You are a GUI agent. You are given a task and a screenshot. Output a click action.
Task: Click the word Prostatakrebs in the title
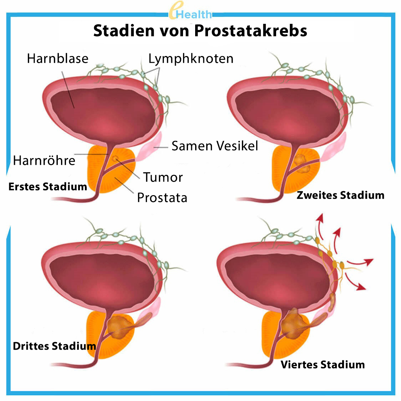[250, 31]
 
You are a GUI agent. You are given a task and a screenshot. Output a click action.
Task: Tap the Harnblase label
[57, 58]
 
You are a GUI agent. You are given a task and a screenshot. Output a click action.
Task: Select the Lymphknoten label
[191, 59]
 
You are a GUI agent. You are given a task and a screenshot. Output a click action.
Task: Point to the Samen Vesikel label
[214, 146]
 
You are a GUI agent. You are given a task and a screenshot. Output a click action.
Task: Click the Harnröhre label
[44, 161]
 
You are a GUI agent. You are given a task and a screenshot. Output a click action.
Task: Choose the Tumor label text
[163, 177]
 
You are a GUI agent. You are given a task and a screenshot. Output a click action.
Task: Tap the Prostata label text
[162, 198]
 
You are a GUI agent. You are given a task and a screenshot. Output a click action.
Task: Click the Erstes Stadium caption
[48, 187]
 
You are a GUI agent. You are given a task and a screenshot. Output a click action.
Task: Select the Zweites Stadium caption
[340, 195]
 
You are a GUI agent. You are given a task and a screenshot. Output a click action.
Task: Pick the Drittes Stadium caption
[55, 346]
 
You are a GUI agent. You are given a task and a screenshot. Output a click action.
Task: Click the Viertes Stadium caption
[323, 365]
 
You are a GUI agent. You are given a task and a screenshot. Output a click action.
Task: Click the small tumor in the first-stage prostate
[115, 159]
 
